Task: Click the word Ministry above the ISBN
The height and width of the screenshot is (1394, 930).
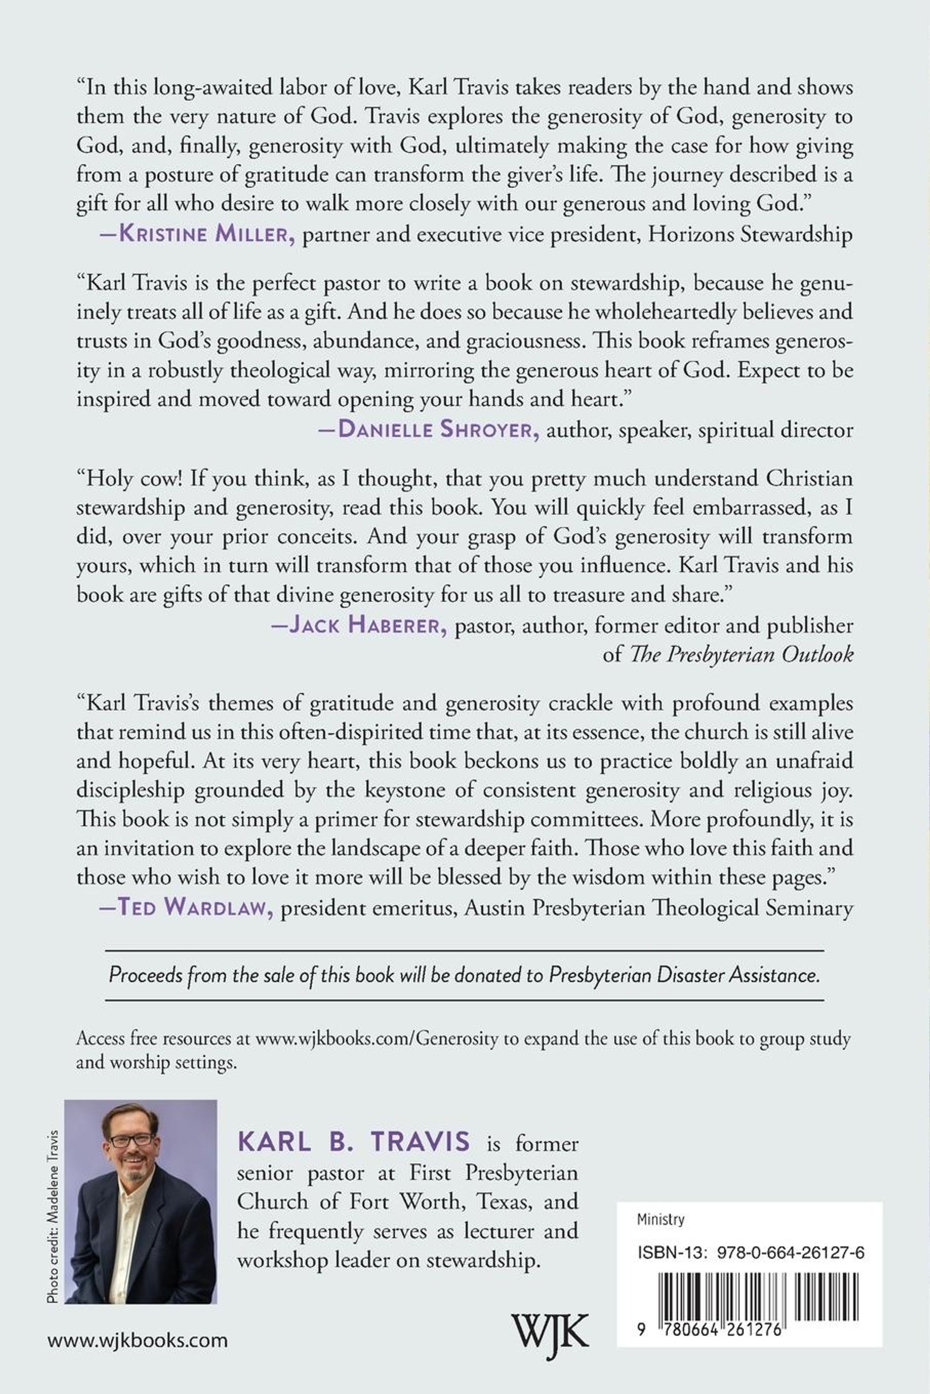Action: pyautogui.click(x=661, y=1219)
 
